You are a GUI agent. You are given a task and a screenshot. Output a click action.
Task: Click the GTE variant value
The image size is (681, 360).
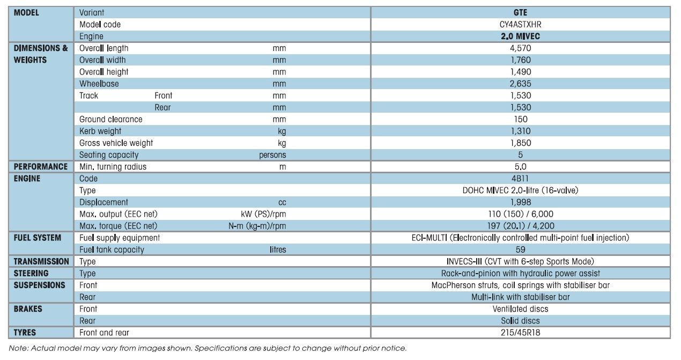pyautogui.click(x=520, y=12)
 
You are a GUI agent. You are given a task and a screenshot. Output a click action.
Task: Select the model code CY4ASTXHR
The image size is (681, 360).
pyautogui.click(x=520, y=24)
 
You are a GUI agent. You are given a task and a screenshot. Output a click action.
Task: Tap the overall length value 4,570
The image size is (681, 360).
pyautogui.click(x=521, y=48)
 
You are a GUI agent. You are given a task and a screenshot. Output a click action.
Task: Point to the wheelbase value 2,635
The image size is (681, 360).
pyautogui.click(x=521, y=84)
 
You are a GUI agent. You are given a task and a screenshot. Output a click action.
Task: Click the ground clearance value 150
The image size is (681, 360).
pyautogui.click(x=521, y=119)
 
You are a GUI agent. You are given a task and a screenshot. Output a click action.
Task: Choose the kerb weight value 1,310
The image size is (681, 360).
pyautogui.click(x=521, y=131)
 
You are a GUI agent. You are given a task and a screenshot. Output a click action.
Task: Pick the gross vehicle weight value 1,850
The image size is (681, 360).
pyautogui.click(x=521, y=143)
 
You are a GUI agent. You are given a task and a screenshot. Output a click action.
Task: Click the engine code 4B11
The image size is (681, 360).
pyautogui.click(x=520, y=179)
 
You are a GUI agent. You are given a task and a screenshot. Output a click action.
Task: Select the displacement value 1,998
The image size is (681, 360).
pyautogui.click(x=521, y=202)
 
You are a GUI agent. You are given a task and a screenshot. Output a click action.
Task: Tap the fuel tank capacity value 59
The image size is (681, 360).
pyautogui.click(x=521, y=249)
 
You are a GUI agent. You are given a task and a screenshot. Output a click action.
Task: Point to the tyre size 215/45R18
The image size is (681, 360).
pyautogui.click(x=521, y=333)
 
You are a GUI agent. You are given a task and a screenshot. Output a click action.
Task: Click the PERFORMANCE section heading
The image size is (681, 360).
pyautogui.click(x=41, y=167)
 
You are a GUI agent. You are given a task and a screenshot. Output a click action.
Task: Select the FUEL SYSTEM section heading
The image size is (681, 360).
pyautogui.click(x=38, y=238)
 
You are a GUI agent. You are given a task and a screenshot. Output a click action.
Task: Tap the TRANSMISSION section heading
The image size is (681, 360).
pyautogui.click(x=41, y=261)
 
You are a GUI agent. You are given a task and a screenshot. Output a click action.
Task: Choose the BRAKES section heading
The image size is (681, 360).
pyautogui.click(x=28, y=309)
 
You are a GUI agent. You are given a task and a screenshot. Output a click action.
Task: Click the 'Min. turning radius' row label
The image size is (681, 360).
pyautogui.click(x=113, y=167)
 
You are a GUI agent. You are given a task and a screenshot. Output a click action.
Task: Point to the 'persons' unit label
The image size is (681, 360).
pyautogui.click(x=272, y=155)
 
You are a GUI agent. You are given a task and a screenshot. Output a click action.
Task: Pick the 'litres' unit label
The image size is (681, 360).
pyautogui.click(x=278, y=249)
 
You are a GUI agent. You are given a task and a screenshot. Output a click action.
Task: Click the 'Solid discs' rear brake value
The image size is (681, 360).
pyautogui.click(x=521, y=321)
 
